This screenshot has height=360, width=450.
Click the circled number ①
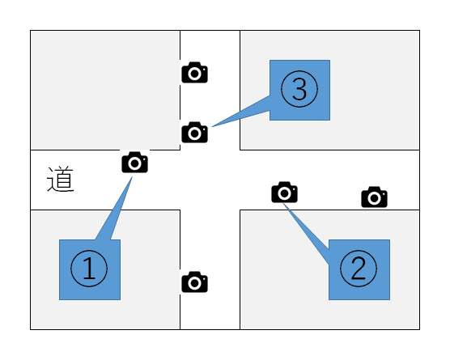89,269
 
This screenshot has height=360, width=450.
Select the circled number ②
359,269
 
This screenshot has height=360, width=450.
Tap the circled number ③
299,89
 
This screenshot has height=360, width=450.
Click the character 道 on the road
61,179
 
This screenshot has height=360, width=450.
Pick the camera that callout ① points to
134,163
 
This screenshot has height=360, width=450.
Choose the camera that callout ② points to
284,193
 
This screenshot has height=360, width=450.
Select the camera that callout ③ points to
194,132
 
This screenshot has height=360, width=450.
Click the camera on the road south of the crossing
194,282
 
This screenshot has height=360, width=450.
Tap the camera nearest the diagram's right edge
374,197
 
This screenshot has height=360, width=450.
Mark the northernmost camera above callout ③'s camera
194,72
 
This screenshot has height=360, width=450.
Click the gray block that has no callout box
105,90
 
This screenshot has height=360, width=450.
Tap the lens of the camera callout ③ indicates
194,133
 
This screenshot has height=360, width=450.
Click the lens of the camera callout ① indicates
134,163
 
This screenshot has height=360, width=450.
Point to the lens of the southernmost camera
194,283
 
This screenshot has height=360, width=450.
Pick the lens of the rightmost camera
374,198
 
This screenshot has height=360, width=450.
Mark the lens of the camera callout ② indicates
284,193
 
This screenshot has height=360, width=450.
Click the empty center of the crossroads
210,180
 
